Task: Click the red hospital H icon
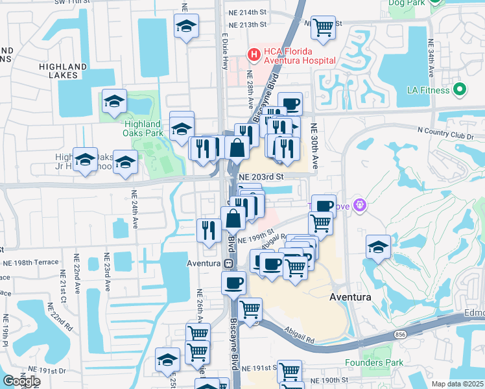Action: pyautogui.click(x=254, y=53)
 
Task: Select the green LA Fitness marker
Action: pyautogui.click(x=460, y=89)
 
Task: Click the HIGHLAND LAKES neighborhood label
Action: pyautogui.click(x=63, y=71)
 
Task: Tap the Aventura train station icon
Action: pyautogui.click(x=228, y=264)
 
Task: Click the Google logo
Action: pyautogui.click(x=21, y=381)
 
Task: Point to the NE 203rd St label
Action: pyautogui.click(x=262, y=176)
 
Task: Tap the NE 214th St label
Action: pyautogui.click(x=247, y=12)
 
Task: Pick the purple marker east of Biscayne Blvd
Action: pyautogui.click(x=361, y=206)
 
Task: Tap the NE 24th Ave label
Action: pyautogui.click(x=136, y=207)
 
